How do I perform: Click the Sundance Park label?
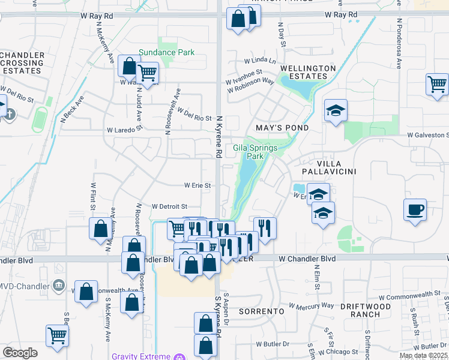click(x=166, y=52)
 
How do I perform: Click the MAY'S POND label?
click(x=282, y=128)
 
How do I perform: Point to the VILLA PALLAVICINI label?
click(x=328, y=167)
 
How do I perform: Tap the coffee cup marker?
click(x=415, y=210)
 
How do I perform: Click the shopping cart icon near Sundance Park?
click(x=147, y=73)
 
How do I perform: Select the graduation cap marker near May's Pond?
click(x=336, y=110)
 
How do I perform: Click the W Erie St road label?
click(x=197, y=185)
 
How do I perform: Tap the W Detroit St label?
click(x=169, y=206)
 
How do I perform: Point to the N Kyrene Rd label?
click(x=220, y=137)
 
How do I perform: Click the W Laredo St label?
click(x=122, y=129)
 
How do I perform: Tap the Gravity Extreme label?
click(x=141, y=356)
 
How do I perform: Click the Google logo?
click(x=20, y=353)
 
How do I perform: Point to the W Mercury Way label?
click(x=311, y=305)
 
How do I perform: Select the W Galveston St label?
click(x=427, y=136)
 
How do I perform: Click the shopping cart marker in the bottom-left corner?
click(x=57, y=336)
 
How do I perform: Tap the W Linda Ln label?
click(x=259, y=61)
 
